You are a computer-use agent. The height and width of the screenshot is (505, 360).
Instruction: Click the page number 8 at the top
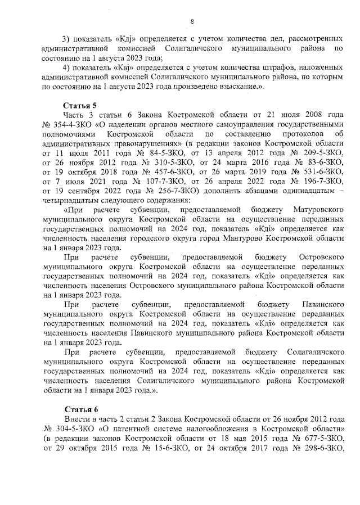pyautogui.click(x=192, y=22)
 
